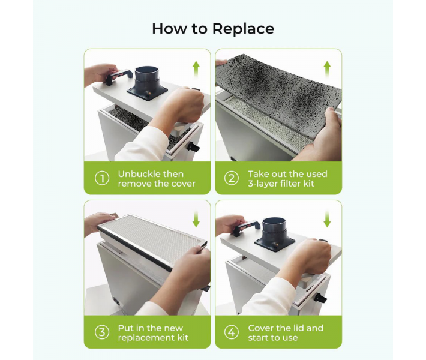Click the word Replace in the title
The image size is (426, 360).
243,29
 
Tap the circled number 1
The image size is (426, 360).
102,179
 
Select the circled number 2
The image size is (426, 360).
232,179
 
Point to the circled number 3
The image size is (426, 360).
102,332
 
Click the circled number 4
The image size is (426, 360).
232,332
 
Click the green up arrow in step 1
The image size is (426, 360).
196,69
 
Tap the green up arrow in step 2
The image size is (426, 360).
327,69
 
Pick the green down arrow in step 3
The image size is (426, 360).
196,219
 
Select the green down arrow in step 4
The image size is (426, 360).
327,219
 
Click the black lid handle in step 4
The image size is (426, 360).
247,227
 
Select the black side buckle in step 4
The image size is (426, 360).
320,298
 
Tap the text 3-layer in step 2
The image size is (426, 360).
263,184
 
